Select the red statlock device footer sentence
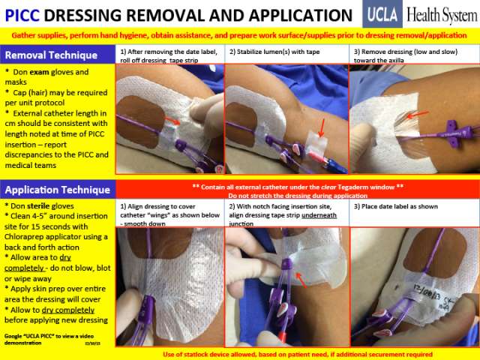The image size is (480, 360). [297, 352]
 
